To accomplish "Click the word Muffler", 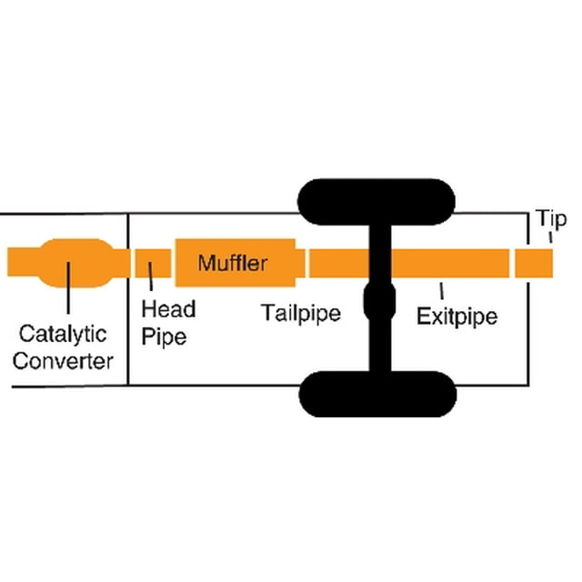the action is pyautogui.click(x=233, y=263).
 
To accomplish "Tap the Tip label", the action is pyautogui.click(x=552, y=218).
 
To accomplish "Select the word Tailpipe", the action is pyautogui.click(x=301, y=313).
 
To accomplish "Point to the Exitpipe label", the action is pyautogui.click(x=457, y=316).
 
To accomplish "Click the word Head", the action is pyautogui.click(x=168, y=309).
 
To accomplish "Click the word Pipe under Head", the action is pyautogui.click(x=164, y=336).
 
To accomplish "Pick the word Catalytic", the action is pyautogui.click(x=63, y=334).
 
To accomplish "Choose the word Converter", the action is pyautogui.click(x=63, y=361).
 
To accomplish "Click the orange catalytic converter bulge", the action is pyautogui.click(x=76, y=263).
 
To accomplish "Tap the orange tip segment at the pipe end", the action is pyautogui.click(x=534, y=263).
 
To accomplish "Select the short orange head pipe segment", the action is pyautogui.click(x=153, y=263).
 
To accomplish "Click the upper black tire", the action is pyautogui.click(x=376, y=202).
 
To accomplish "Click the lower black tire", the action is pyautogui.click(x=377, y=394).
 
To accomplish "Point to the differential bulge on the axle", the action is pyautogui.click(x=379, y=301).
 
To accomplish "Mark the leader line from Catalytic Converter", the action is pyautogui.click(x=68, y=288).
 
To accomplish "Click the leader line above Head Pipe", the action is pyautogui.click(x=150, y=276).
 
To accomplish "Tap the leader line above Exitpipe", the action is pyautogui.click(x=441, y=291).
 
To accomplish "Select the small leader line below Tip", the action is pyautogui.click(x=550, y=237).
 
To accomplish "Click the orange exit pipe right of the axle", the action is pyautogui.click(x=450, y=263).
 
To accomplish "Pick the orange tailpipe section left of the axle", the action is pyautogui.click(x=339, y=263).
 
